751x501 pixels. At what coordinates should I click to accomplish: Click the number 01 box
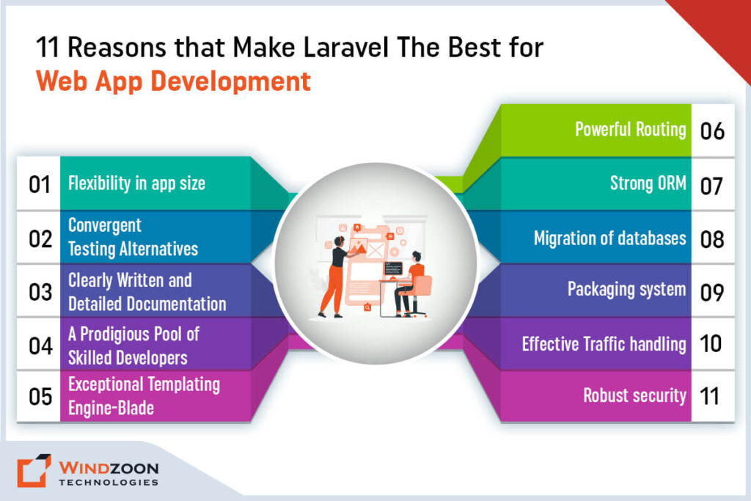(39, 183)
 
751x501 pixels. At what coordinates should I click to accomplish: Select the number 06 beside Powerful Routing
(711, 131)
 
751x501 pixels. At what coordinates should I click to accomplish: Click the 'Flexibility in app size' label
(136, 183)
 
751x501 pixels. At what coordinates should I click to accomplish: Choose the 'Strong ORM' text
(648, 184)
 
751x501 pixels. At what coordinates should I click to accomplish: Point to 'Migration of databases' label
(609, 238)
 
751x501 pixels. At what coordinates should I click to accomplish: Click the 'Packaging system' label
(626, 289)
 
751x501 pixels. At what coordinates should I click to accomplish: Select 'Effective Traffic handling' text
(604, 343)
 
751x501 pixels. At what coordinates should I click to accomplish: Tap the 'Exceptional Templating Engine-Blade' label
(144, 395)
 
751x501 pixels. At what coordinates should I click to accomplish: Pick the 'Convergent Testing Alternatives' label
(133, 237)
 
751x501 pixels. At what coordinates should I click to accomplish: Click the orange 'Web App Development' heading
(174, 81)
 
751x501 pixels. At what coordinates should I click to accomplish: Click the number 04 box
(39, 345)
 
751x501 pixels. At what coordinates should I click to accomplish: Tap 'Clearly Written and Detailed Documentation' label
(147, 291)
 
